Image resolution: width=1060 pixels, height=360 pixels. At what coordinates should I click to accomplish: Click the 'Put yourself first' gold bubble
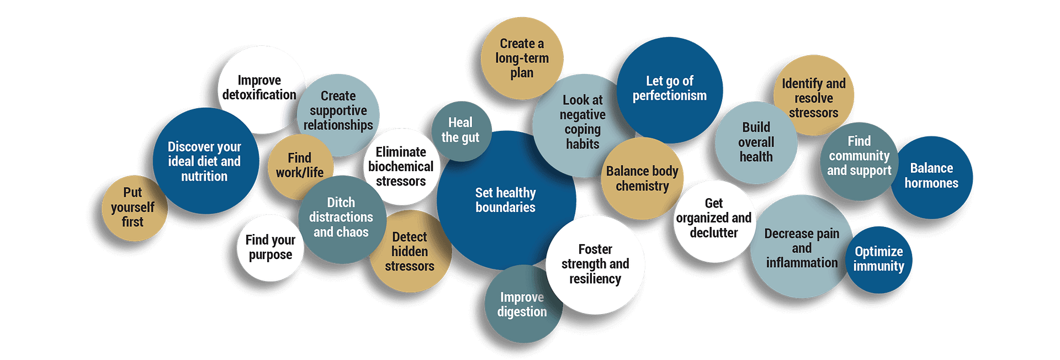click(x=134, y=208)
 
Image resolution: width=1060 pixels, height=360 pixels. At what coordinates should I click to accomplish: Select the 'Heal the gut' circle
click(x=461, y=131)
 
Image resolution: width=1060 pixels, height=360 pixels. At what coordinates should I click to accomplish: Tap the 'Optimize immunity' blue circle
click(x=878, y=260)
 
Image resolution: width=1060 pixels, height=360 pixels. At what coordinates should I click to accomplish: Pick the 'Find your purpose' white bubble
click(x=271, y=248)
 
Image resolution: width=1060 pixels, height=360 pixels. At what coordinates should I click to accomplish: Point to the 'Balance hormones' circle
click(x=931, y=177)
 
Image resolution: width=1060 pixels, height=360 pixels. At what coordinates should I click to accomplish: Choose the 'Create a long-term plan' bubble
click(x=522, y=58)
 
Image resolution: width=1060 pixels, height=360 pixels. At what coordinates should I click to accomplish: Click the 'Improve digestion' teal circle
click(x=523, y=304)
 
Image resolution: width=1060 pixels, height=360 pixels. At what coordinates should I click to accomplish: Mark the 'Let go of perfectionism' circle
click(x=669, y=90)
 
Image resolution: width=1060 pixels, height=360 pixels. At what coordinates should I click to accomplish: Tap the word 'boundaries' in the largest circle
click(x=505, y=208)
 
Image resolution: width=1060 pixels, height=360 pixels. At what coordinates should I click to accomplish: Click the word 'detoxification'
click(x=259, y=95)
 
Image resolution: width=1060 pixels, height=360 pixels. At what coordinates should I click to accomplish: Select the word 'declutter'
click(x=713, y=233)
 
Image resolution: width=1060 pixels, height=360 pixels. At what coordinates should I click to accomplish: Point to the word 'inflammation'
click(x=802, y=263)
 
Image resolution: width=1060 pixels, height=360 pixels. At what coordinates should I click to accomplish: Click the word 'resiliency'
click(x=595, y=279)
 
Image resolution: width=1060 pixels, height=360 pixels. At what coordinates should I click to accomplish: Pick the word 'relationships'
click(x=338, y=125)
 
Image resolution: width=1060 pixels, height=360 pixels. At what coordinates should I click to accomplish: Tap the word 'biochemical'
click(x=401, y=167)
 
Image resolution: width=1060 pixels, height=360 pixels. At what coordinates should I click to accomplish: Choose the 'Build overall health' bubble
click(x=756, y=142)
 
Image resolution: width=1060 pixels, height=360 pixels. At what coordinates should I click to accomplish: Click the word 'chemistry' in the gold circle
click(x=642, y=187)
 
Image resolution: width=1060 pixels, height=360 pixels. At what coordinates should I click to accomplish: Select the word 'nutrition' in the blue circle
click(x=204, y=176)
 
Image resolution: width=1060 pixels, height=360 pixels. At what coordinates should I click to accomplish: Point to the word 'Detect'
click(x=409, y=237)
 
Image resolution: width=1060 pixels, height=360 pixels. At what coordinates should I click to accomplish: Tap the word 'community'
click(x=859, y=156)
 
